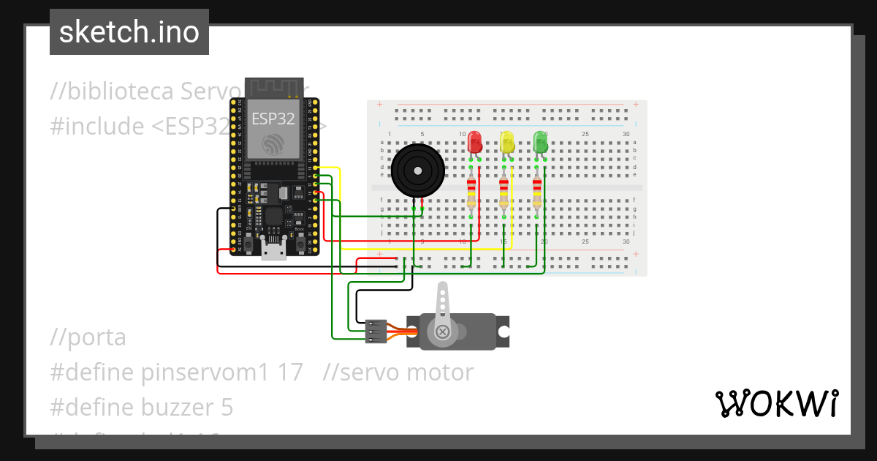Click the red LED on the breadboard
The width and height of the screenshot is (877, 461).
(x=475, y=142)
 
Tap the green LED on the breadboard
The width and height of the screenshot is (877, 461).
(x=541, y=142)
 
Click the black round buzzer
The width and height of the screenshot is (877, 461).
(x=417, y=171)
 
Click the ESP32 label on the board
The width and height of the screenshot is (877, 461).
(x=273, y=118)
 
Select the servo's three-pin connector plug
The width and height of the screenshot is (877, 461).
(x=376, y=331)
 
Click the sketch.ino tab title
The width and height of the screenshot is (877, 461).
(x=129, y=32)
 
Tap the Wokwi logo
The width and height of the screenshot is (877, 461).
(x=776, y=403)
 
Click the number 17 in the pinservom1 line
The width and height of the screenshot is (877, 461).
(x=290, y=372)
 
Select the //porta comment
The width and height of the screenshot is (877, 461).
(x=88, y=337)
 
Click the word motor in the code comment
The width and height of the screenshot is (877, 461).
(x=439, y=372)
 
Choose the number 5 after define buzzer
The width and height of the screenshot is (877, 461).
(x=227, y=407)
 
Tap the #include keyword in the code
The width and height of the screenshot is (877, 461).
(x=97, y=126)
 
